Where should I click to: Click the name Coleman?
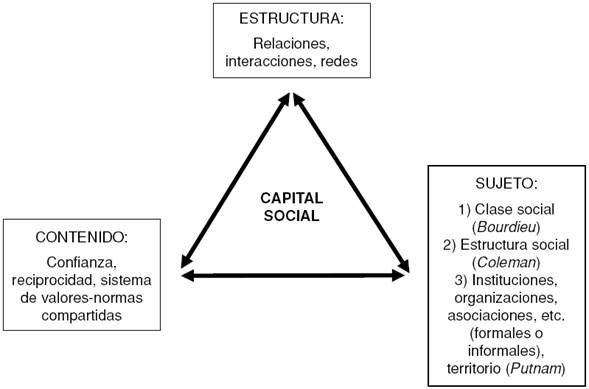click(x=503, y=262)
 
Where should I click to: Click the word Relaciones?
click(x=292, y=45)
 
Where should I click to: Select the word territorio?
click(x=471, y=369)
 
